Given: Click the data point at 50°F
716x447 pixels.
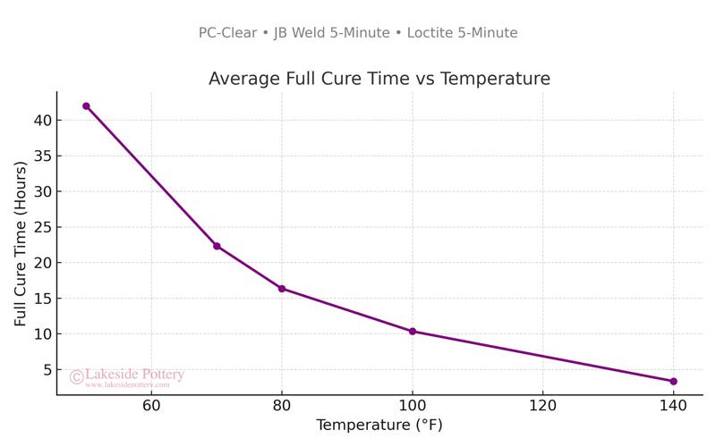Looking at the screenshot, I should tap(86, 105).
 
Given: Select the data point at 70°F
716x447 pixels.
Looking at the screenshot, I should tap(217, 246).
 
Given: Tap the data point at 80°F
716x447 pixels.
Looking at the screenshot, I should tap(282, 289).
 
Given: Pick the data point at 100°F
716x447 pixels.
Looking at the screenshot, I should tap(413, 331).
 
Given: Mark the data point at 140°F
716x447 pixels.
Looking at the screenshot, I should tap(673, 381).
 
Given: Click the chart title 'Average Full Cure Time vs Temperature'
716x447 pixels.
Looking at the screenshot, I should tap(379, 79).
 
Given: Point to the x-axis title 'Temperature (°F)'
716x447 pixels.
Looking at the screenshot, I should tap(379, 425).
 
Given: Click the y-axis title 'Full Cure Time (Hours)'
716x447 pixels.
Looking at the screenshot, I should tap(21, 243).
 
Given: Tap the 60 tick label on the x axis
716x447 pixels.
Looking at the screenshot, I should tap(151, 407).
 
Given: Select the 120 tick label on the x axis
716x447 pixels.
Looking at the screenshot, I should tap(542, 407).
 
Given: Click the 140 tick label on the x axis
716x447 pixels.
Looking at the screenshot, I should tap(673, 407).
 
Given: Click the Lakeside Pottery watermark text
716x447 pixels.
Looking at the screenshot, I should tap(134, 375).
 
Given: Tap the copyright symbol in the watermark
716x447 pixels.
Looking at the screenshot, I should tap(76, 377).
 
